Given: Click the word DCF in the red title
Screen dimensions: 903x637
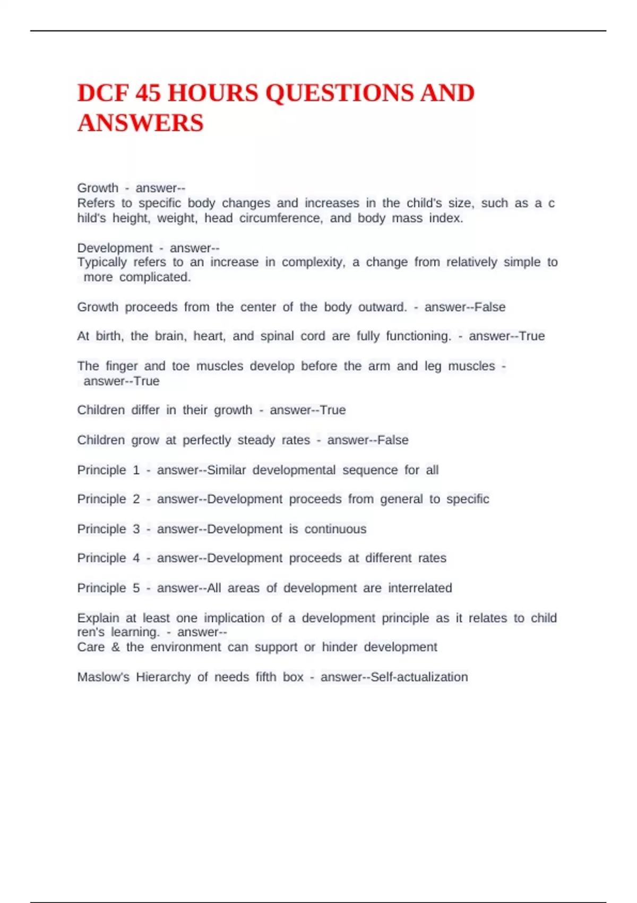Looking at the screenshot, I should click(103, 93).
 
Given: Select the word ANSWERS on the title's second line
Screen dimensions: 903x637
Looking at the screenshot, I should click(141, 123).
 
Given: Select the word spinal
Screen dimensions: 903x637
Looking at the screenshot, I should click(276, 336).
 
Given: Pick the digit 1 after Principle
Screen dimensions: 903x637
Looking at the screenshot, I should click(136, 470).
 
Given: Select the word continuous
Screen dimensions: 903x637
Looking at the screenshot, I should click(335, 529).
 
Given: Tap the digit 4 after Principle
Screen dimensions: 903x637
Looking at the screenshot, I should click(136, 558).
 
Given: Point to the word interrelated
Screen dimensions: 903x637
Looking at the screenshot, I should click(420, 588).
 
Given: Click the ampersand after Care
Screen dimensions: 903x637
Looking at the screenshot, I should click(115, 647).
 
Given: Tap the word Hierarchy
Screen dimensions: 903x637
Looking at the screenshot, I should click(163, 677).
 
